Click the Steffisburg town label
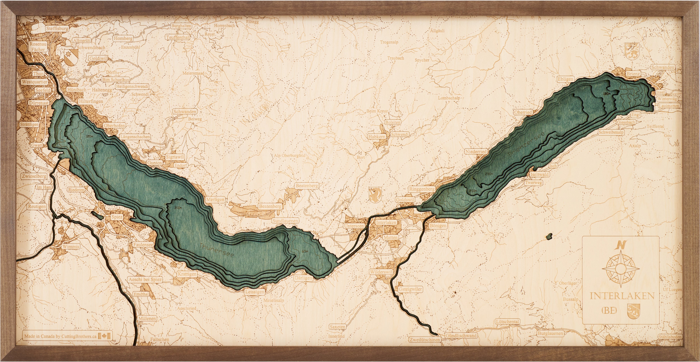(x=57, y=28)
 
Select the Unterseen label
(x=354, y=226)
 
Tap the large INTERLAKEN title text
(x=622, y=296)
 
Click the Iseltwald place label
(x=540, y=174)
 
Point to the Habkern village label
(x=377, y=137)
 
